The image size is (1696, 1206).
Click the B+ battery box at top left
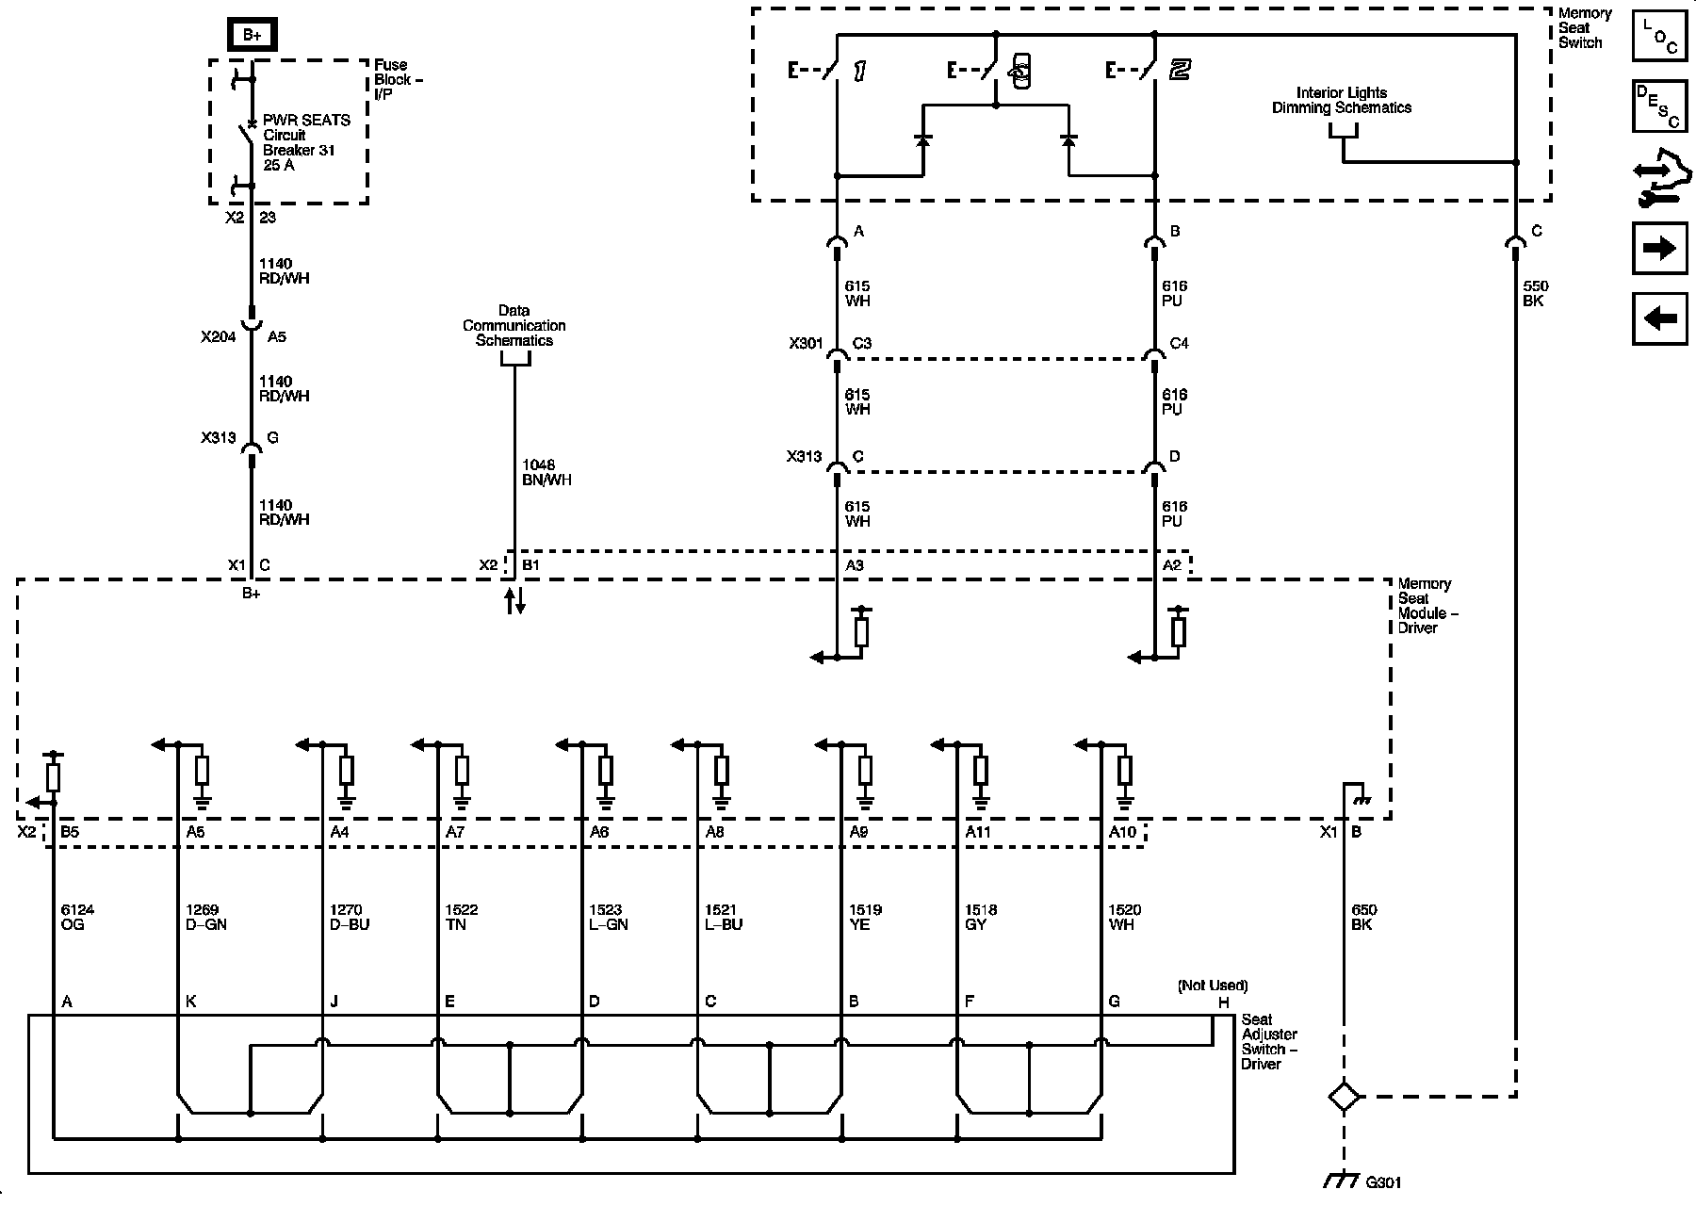252,35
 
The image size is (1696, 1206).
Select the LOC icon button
1659,36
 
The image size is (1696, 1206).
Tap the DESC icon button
1659,107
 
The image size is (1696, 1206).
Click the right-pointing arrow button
1659,248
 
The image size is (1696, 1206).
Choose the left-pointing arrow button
1659,318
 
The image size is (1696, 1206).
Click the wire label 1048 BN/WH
546,472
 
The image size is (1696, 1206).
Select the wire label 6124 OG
77,917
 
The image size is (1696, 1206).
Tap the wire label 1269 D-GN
206,917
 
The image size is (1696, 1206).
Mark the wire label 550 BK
1535,293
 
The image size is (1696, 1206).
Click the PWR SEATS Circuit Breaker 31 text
305,142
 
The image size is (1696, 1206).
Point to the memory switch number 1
859,71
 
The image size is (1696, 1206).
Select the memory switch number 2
1180,70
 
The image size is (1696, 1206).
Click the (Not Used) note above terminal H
1213,986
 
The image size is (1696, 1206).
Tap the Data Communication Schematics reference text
514,325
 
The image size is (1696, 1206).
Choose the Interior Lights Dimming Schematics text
1342,100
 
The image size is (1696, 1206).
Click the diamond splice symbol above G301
1344,1097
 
